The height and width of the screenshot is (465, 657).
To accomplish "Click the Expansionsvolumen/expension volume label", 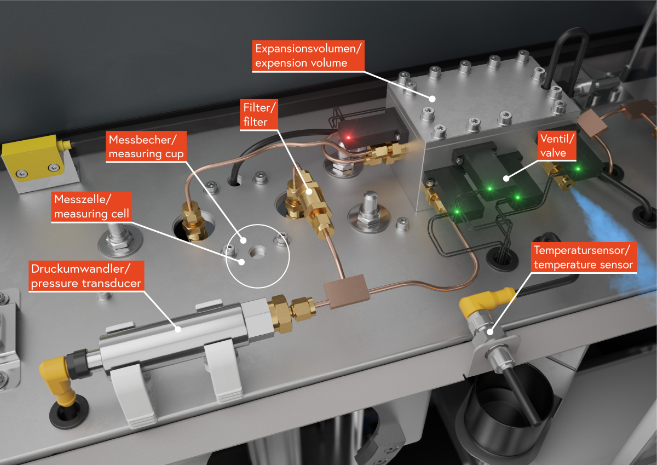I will [308, 55].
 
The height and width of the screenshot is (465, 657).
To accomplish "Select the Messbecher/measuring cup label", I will [146, 147].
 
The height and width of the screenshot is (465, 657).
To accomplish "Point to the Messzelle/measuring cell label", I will [90, 206].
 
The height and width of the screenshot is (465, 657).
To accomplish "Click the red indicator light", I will [348, 135].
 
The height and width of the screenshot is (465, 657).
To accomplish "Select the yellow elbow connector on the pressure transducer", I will [57, 378].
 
